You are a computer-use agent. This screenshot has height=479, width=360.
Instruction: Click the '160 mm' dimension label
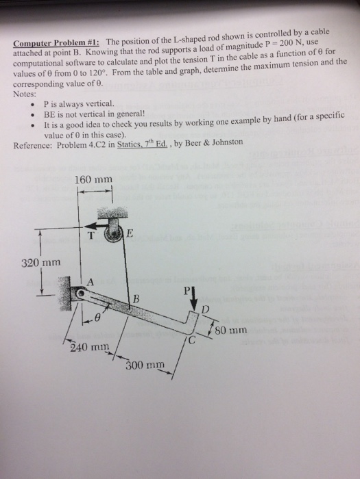point(92,180)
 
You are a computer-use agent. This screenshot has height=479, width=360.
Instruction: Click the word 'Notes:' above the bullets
point(27,94)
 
